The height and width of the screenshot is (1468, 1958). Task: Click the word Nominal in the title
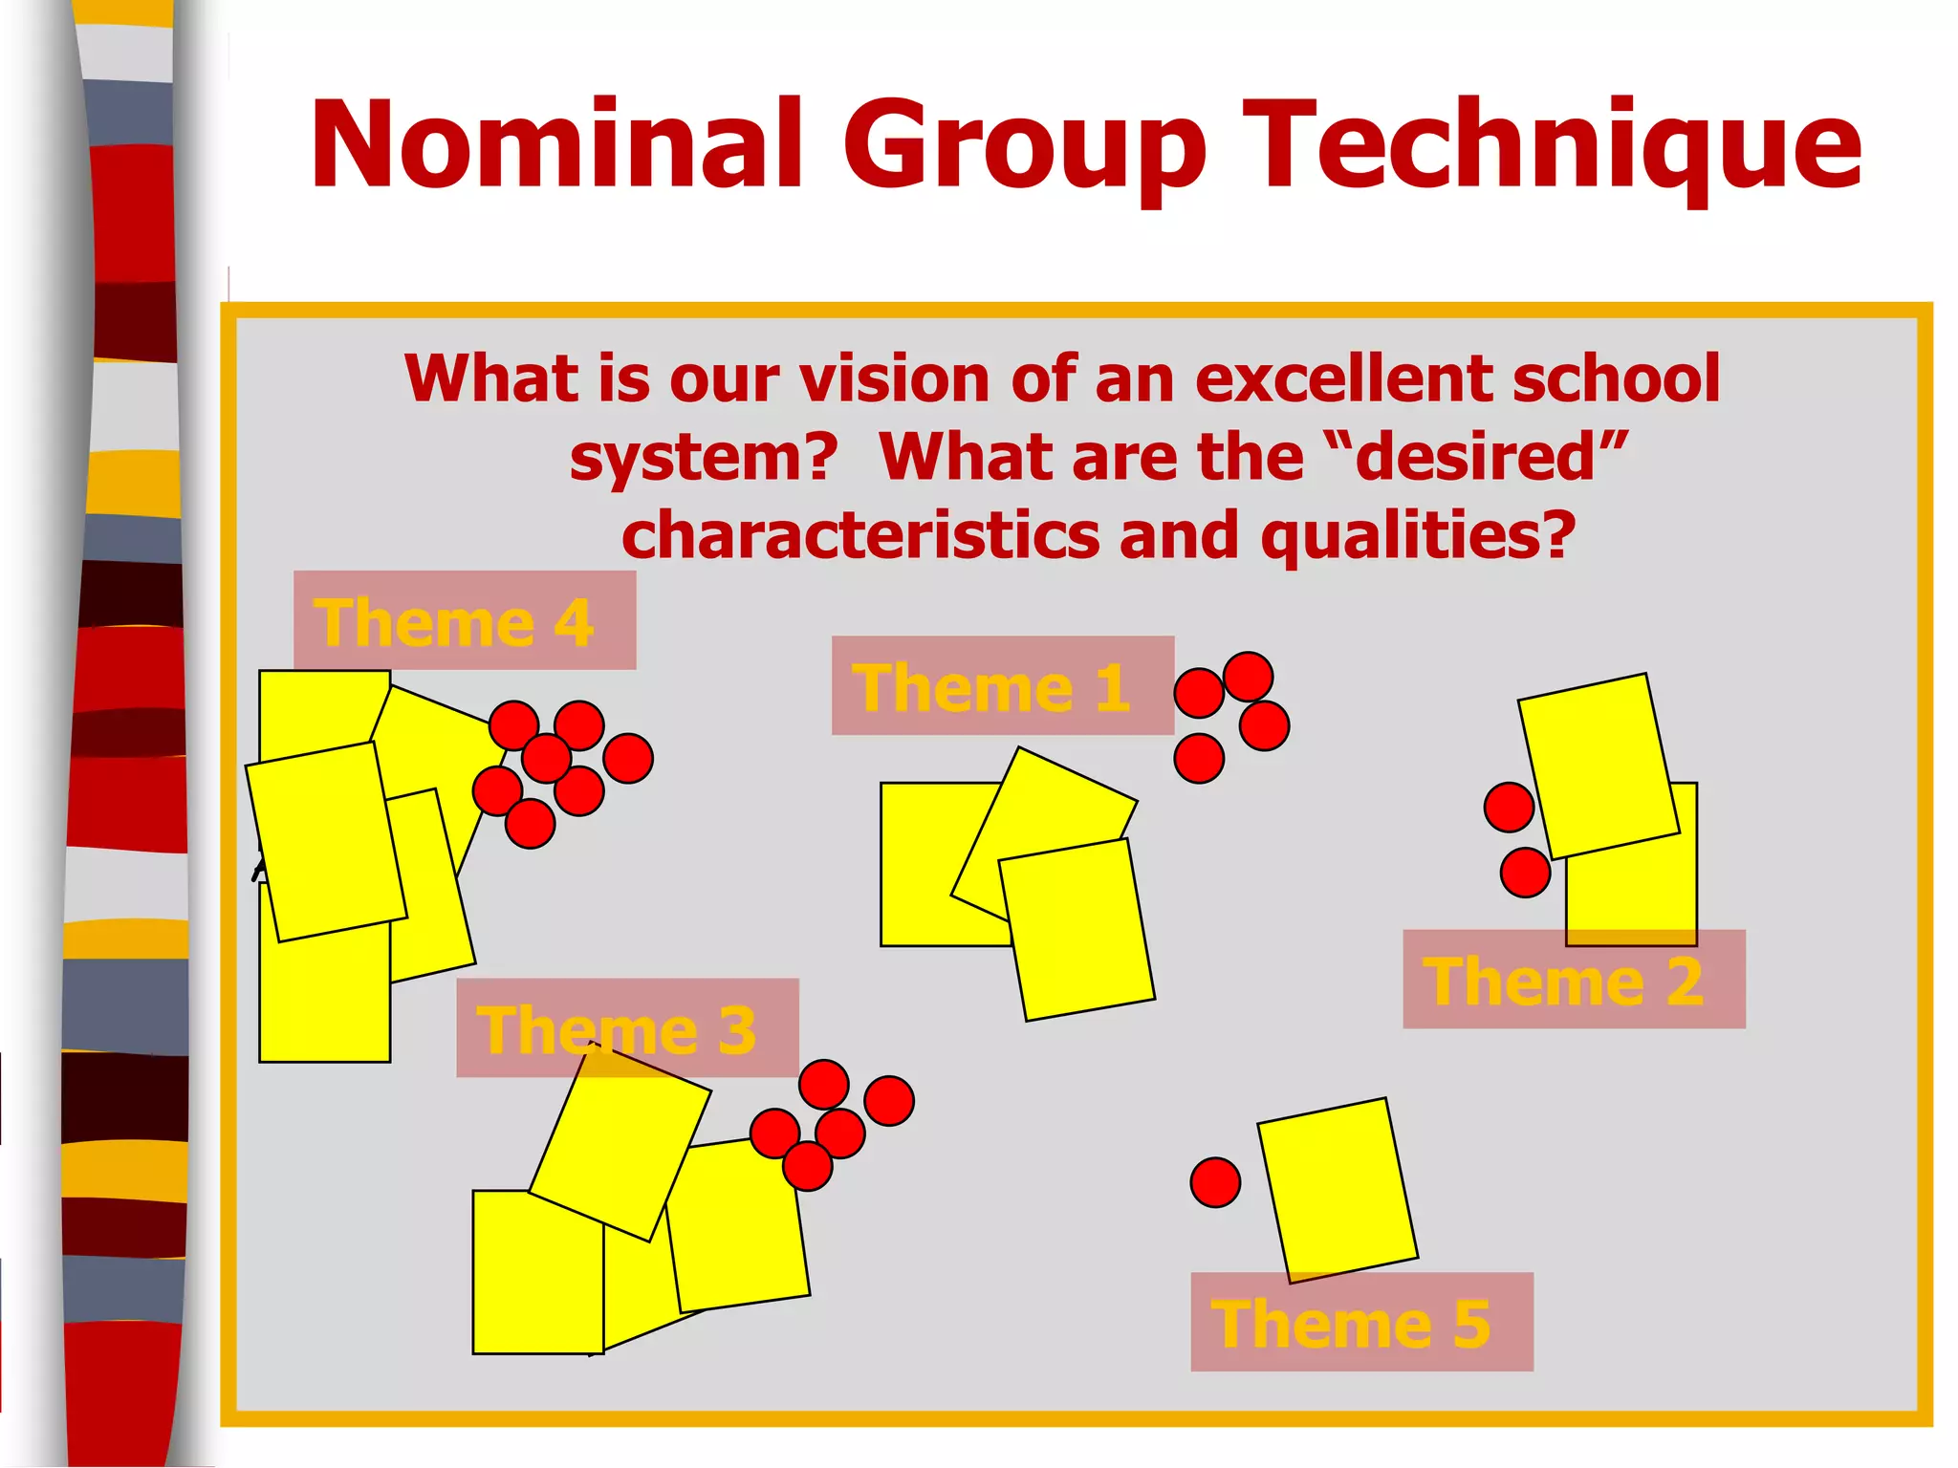tap(555, 145)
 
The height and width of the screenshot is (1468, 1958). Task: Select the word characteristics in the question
tap(860, 534)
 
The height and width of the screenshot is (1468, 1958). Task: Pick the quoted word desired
tap(1477, 456)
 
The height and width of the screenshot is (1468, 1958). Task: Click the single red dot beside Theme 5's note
tap(1215, 1182)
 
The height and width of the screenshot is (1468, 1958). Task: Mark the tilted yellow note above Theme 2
tap(1598, 766)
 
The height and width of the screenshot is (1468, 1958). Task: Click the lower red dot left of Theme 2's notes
tap(1525, 872)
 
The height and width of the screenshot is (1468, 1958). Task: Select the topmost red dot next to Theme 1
tap(1248, 677)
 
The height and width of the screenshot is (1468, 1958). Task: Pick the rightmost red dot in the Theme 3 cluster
tap(889, 1100)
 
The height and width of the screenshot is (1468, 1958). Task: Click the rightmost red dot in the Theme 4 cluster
tap(628, 758)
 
